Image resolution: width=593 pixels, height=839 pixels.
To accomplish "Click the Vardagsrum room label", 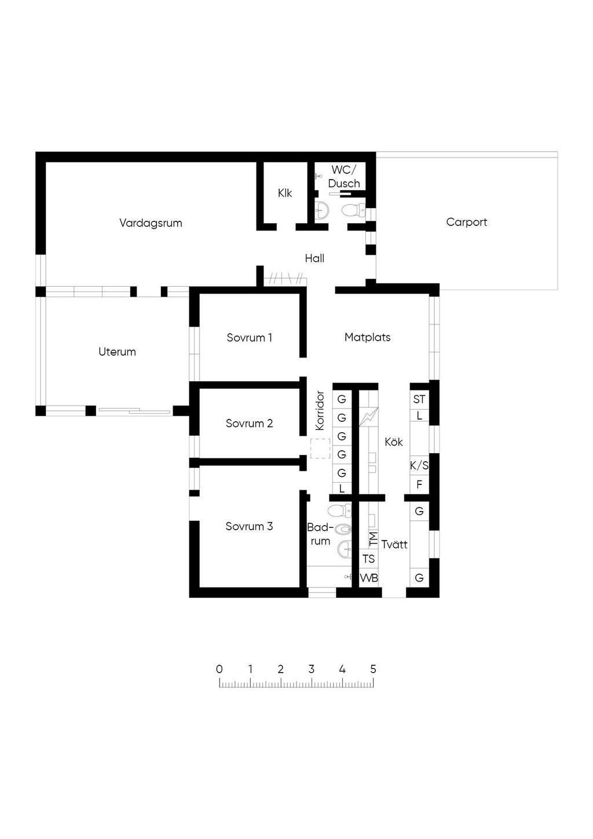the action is point(151,223).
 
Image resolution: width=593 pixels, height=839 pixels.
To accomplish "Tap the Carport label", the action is point(466,222).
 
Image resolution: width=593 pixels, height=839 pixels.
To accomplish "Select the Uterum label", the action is point(117,352).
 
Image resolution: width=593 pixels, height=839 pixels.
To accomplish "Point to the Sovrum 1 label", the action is point(250,337).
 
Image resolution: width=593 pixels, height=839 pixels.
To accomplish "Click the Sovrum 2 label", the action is point(250,423).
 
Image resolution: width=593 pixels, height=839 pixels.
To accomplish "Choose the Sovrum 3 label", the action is point(250,526).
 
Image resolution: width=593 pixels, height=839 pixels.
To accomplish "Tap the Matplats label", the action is point(367,337).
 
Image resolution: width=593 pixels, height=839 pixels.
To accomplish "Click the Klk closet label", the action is point(285,193).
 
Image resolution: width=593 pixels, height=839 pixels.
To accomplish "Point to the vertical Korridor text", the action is point(320,411).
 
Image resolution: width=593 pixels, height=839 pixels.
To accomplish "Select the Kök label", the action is point(394,442).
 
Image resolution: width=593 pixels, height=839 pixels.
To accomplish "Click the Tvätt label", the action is point(394,544).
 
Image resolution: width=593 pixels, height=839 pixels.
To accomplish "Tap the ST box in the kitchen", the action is point(419,399).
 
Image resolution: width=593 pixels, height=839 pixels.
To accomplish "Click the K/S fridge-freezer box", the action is point(419,466).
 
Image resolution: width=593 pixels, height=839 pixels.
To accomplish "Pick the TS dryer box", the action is point(369,559).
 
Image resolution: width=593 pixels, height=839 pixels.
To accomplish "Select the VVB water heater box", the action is point(369,578).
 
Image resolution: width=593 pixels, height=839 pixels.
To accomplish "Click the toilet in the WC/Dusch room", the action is point(353,210).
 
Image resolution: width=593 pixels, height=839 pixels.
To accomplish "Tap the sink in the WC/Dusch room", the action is point(321,210).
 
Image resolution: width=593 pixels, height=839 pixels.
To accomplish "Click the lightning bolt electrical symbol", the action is point(369,417).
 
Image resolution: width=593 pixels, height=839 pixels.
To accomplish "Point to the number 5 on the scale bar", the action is point(373,669).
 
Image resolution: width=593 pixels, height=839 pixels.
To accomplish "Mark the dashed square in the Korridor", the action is point(320,448).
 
